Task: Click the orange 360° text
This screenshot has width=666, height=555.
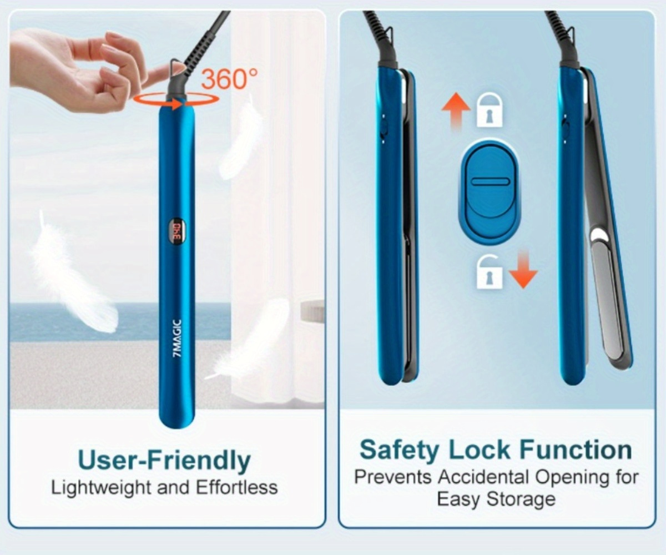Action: (229, 79)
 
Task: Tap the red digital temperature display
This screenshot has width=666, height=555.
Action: (176, 229)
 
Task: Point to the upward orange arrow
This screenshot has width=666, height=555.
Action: (456, 112)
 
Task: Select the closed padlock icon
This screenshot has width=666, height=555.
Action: (490, 110)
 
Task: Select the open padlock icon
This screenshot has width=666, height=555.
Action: (490, 271)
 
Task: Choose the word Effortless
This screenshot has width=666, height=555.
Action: (236, 488)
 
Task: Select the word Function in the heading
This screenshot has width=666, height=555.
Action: (576, 450)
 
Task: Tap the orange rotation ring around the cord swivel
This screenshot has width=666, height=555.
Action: (176, 99)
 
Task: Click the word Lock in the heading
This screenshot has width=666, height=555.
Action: (482, 450)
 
